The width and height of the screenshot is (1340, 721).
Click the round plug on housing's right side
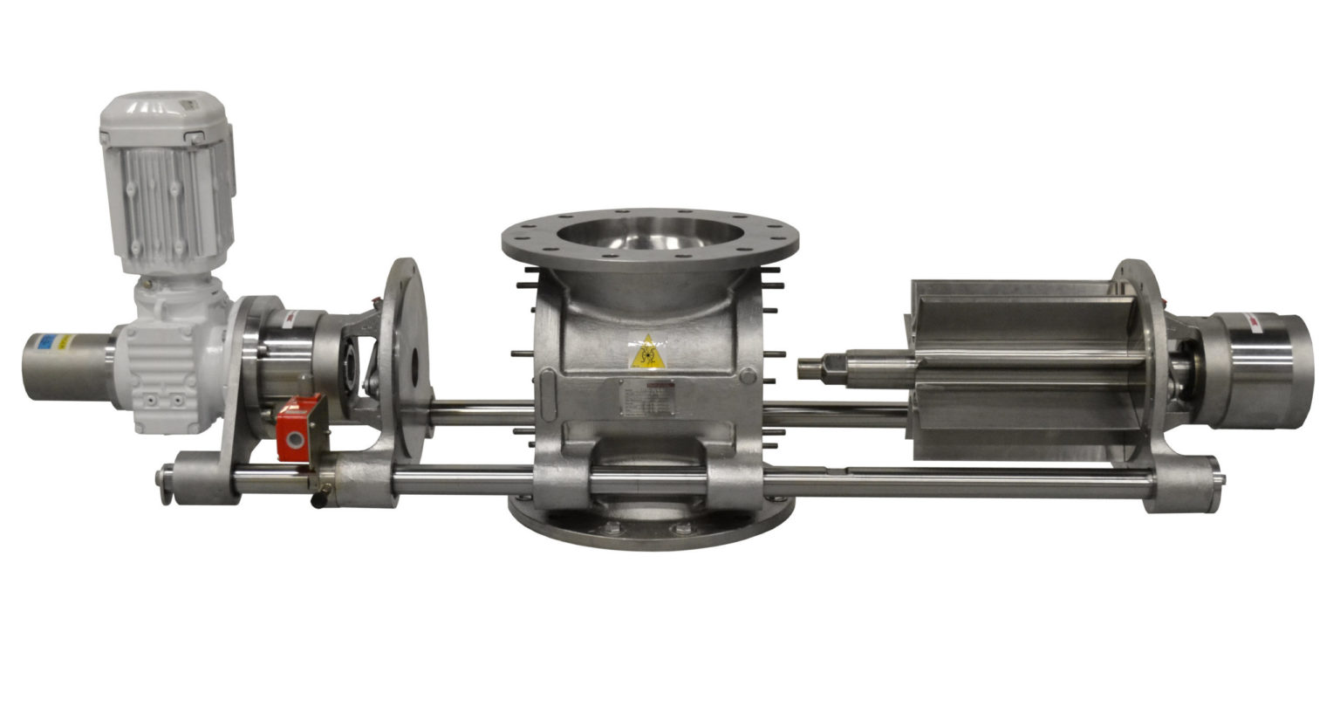[x=748, y=376]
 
